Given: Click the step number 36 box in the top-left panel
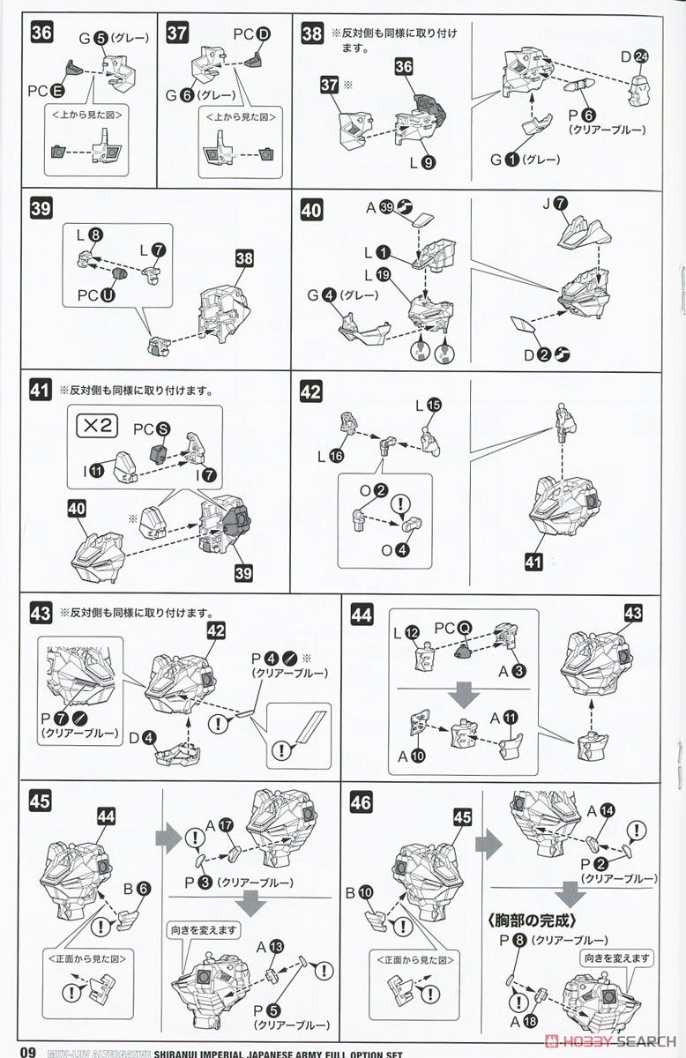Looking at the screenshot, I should coord(41,33).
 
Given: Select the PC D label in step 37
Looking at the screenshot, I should coord(252,34).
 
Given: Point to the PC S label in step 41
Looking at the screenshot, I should coord(149,428).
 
